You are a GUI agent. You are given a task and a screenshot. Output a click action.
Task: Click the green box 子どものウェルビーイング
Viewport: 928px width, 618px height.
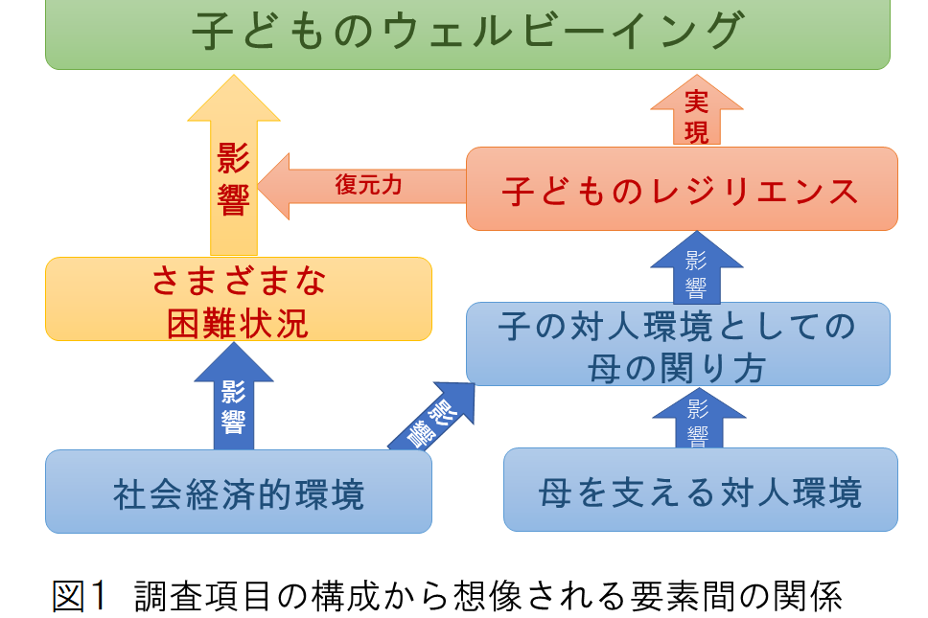(x=468, y=34)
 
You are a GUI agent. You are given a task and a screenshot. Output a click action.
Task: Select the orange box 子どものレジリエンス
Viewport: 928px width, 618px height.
(x=681, y=189)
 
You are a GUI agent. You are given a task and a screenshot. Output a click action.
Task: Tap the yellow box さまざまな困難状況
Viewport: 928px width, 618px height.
(x=238, y=299)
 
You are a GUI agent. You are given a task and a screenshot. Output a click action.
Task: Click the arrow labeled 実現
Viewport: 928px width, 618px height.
(x=697, y=114)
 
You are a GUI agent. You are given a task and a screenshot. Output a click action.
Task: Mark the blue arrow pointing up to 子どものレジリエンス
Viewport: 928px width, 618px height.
(x=697, y=267)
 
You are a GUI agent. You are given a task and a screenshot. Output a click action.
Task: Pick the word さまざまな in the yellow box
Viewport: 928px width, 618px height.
(x=238, y=281)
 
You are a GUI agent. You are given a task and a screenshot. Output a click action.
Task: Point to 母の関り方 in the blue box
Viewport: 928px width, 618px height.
(x=677, y=366)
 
